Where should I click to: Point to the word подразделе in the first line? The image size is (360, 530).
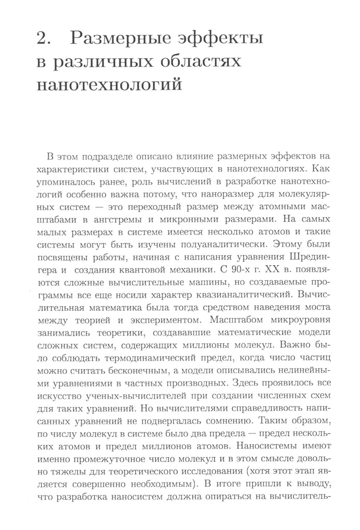coord(110,157)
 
